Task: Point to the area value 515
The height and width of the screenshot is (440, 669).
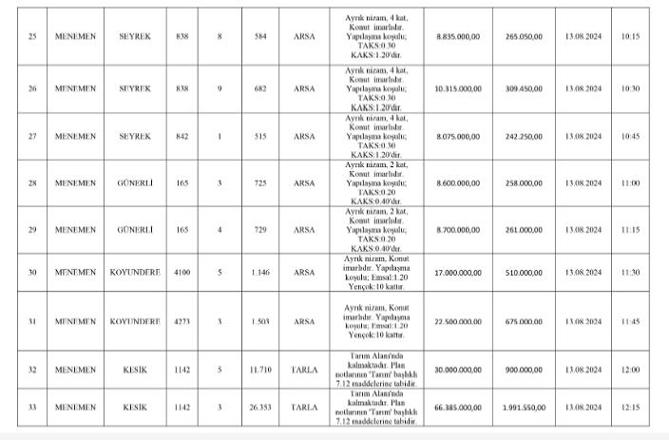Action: [255, 136]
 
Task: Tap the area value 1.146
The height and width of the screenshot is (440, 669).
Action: [255, 272]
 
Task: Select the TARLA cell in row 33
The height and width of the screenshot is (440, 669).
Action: [304, 407]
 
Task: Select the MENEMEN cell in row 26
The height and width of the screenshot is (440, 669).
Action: [75, 88]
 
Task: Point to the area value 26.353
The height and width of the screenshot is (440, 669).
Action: [255, 407]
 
